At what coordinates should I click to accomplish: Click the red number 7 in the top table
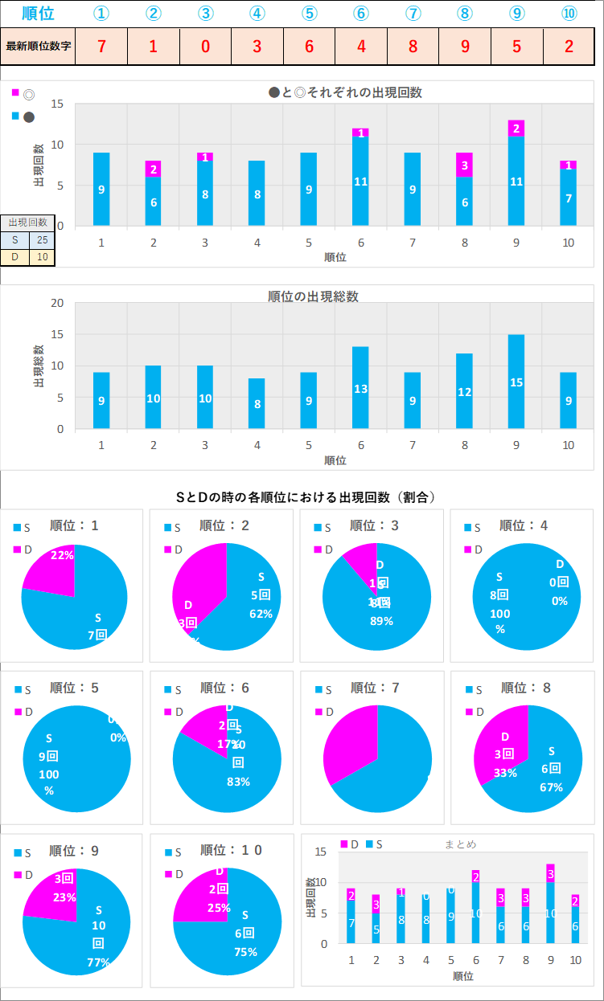click(x=101, y=46)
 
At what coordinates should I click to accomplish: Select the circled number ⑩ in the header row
click(x=569, y=14)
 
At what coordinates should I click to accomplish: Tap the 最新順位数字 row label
click(x=38, y=46)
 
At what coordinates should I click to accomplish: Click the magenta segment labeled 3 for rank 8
click(x=464, y=165)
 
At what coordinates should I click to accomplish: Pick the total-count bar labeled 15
click(x=516, y=382)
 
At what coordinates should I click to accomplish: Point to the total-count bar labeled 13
click(x=360, y=387)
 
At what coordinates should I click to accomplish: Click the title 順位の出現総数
click(x=313, y=296)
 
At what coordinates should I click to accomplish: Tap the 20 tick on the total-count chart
click(x=57, y=303)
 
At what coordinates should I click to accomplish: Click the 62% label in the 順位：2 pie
click(x=261, y=614)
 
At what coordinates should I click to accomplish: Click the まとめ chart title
click(x=460, y=844)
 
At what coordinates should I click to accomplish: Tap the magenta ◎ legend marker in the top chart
click(x=15, y=92)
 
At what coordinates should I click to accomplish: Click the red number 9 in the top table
click(x=465, y=46)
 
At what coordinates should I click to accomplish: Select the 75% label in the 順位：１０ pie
click(x=245, y=952)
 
